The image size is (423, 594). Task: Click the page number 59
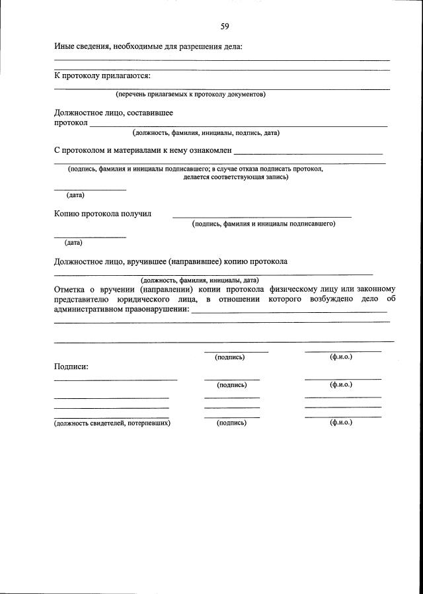point(225,26)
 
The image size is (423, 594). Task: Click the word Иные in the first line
point(64,46)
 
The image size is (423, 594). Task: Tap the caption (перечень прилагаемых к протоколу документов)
point(190,95)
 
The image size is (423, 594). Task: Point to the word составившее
point(158,113)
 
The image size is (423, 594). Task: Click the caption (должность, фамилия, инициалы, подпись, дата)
point(206,133)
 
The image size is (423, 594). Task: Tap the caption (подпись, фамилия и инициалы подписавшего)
point(264,224)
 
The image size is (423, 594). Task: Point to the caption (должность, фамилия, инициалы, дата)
point(204,280)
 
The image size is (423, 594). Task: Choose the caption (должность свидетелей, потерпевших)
point(112,423)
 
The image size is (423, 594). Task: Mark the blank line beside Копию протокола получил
point(262,216)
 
